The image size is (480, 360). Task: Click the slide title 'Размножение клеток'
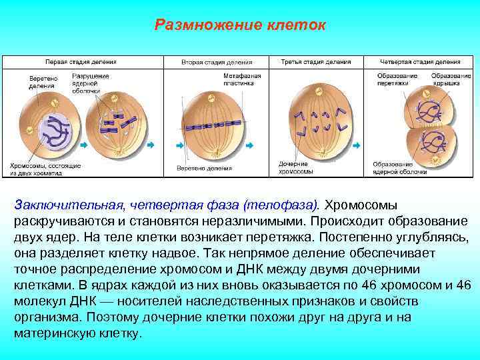click(x=240, y=25)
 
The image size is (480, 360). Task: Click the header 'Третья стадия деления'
click(x=315, y=62)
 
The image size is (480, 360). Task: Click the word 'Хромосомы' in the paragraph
click(x=365, y=203)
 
